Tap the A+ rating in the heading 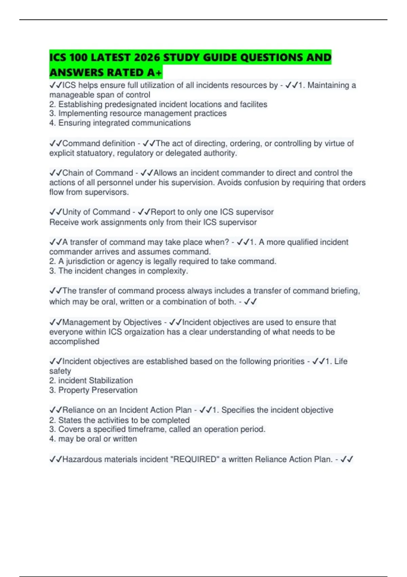point(155,73)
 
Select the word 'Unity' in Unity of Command point(72,212)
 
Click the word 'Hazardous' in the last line point(81,459)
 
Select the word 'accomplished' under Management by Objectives point(74,341)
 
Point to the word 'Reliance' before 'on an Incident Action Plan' point(77,410)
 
